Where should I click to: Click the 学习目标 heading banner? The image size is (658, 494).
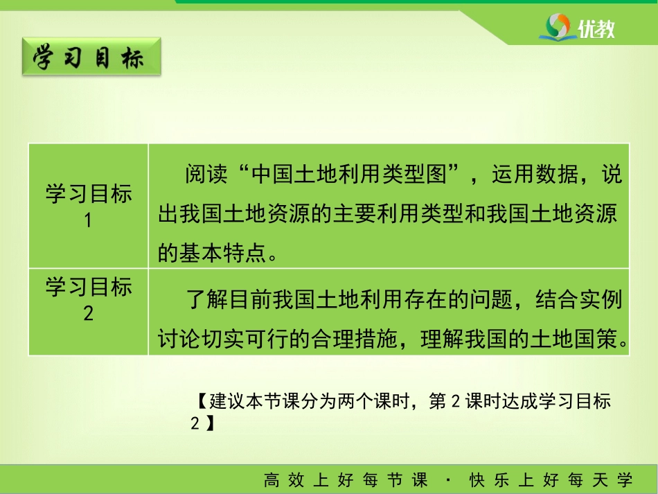pos(91,57)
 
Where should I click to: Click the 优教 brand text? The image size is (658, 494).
pos(596,29)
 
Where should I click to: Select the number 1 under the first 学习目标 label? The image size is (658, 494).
pos(88,220)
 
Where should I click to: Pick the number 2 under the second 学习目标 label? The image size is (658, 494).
pos(88,313)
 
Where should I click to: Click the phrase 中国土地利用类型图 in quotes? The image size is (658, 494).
pos(348,174)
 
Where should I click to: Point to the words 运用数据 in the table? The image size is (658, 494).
pos(535,174)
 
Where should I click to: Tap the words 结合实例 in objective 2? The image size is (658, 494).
pos(578,300)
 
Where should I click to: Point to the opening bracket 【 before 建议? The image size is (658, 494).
pos(202,401)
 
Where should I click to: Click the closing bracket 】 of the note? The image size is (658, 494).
pos(210,423)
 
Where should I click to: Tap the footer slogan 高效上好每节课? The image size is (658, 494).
pos(346,479)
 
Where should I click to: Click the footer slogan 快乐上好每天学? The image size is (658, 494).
pos(551,479)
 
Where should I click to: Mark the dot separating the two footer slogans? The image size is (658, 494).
pos(448,479)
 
